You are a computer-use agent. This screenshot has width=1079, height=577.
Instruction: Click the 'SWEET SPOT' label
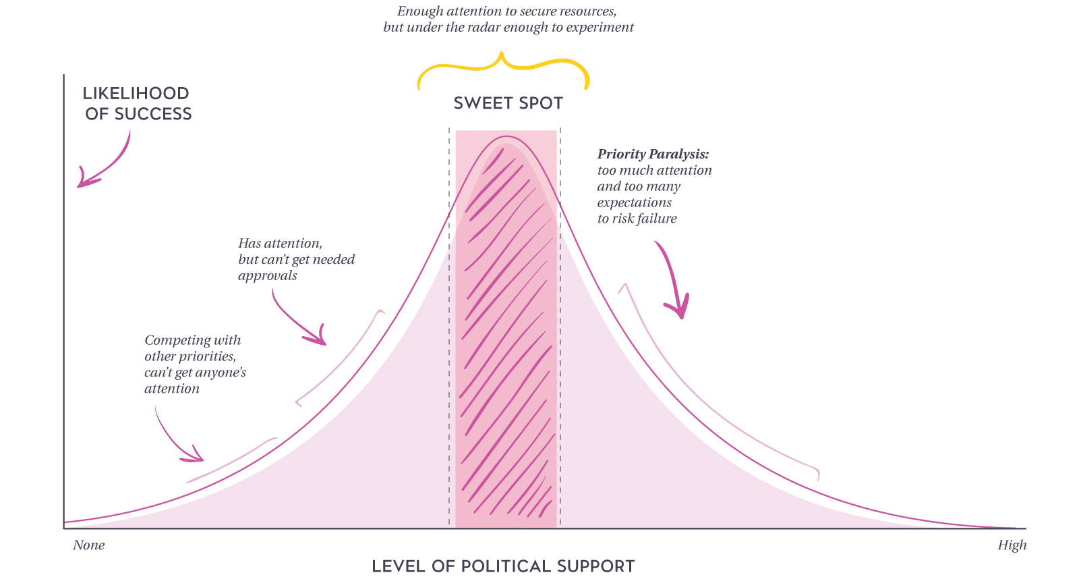(508, 103)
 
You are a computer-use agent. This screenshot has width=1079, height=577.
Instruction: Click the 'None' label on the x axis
(88, 545)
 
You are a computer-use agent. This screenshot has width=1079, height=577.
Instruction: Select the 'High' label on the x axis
(1012, 545)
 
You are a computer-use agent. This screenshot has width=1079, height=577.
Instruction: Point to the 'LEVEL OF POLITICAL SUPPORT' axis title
(503, 566)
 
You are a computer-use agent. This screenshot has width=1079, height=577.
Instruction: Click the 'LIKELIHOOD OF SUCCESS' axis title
(138, 104)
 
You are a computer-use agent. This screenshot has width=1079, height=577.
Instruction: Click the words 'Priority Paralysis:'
(653, 154)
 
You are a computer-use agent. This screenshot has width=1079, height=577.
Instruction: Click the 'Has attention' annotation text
(280, 244)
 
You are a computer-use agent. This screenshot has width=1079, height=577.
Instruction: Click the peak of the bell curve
(506, 137)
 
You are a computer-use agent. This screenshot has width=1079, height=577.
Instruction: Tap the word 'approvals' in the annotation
(268, 276)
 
